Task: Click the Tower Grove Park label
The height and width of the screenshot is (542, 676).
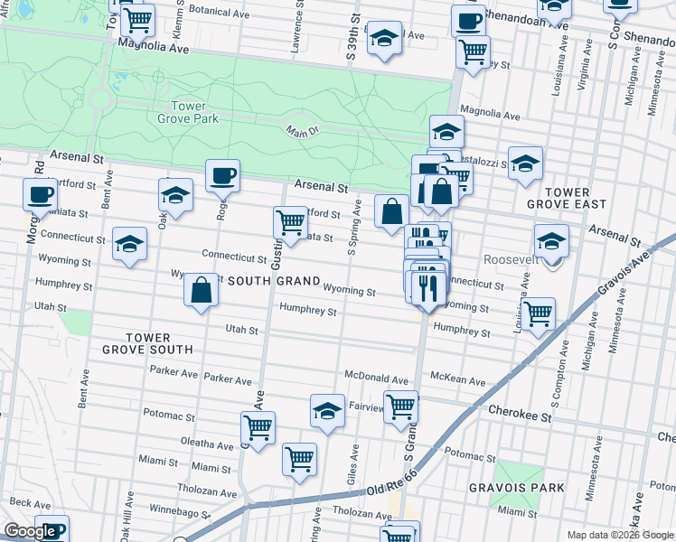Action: click(188, 112)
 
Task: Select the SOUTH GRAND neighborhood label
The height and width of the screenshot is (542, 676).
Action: click(274, 282)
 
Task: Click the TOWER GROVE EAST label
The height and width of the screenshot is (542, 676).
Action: click(567, 200)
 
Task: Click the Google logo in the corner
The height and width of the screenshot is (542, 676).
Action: click(29, 532)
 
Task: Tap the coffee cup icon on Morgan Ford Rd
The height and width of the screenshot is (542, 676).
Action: click(39, 192)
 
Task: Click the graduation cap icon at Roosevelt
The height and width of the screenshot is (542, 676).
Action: click(551, 240)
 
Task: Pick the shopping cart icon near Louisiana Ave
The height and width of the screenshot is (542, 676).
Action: click(538, 313)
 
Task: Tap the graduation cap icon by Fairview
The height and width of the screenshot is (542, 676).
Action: click(327, 410)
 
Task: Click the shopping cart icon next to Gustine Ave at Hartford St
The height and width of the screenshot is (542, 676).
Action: click(289, 221)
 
